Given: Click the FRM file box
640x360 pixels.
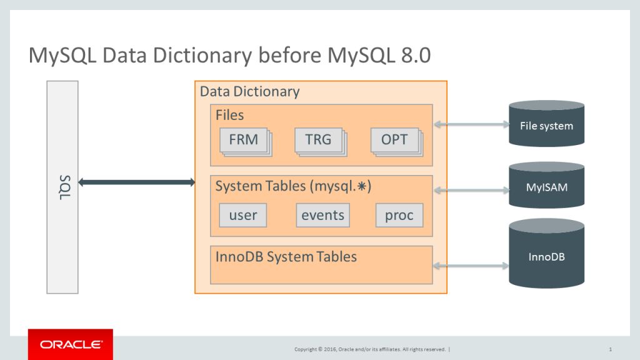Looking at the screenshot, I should [243, 140].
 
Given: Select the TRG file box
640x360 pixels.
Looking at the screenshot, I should [319, 140].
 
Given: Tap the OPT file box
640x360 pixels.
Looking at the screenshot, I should [394, 140].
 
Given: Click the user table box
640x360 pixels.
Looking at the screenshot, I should [243, 216].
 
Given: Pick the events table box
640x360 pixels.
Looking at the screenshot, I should [322, 216].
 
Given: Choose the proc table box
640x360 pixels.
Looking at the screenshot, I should [399, 216].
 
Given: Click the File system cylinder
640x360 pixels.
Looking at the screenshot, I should [546, 124].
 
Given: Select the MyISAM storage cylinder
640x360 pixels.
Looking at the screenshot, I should [546, 186].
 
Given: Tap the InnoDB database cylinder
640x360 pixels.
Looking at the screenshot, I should [546, 256].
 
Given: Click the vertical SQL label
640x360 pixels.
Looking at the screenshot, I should [62, 187].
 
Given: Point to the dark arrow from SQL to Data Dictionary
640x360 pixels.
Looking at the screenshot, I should [137, 182].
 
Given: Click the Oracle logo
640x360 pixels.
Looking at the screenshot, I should [71, 344].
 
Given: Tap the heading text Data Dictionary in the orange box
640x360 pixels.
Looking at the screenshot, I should [249, 92].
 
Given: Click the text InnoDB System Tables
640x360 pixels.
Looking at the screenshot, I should [286, 256].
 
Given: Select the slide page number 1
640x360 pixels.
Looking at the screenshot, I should [609, 349].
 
